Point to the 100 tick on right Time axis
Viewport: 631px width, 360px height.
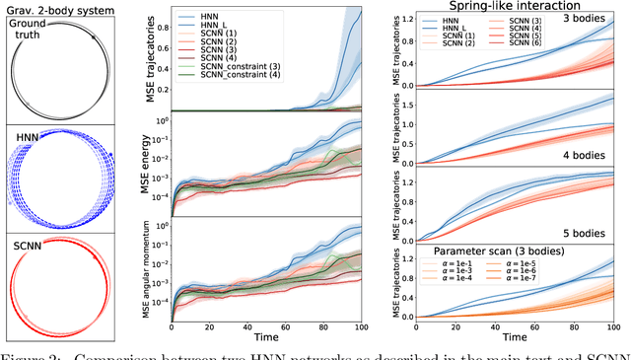pos(614,326)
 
